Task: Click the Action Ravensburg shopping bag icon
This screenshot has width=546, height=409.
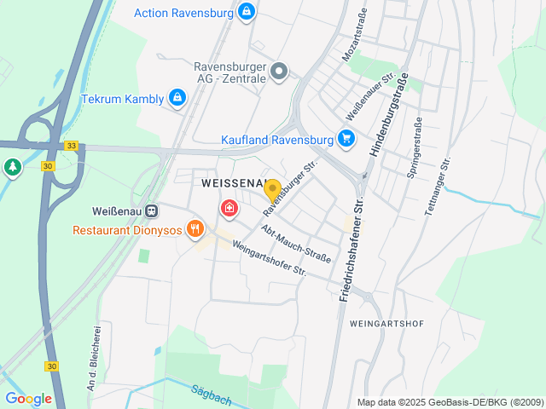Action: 246,11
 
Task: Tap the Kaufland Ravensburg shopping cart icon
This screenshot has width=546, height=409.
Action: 346,138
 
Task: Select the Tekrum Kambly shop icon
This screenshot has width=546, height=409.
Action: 177,98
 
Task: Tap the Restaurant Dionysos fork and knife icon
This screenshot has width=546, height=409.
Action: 195,228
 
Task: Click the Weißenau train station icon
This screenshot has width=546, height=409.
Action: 152,210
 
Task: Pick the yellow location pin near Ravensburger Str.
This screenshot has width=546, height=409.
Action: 272,189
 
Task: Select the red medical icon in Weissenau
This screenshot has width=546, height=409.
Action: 229,207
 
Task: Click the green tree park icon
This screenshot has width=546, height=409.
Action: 11,167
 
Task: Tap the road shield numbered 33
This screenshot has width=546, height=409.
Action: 71,146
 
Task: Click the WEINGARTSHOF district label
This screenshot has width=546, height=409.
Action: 386,324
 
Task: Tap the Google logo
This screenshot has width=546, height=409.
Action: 28,398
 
